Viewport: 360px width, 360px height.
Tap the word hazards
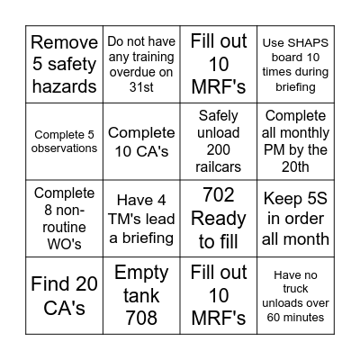[x=61, y=86]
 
